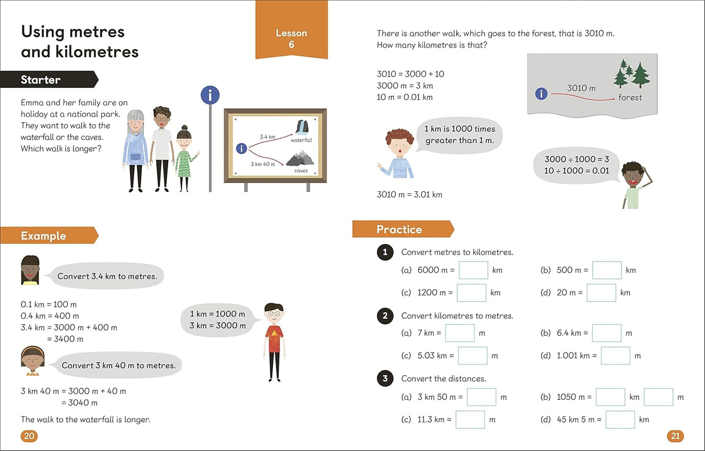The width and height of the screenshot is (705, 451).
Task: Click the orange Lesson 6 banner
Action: click(x=291, y=34)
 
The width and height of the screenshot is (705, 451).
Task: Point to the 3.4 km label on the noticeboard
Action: click(x=267, y=137)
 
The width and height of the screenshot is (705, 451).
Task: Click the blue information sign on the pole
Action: click(x=210, y=96)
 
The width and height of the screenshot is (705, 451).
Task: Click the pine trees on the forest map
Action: click(x=631, y=74)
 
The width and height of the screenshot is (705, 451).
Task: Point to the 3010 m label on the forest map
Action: click(x=581, y=88)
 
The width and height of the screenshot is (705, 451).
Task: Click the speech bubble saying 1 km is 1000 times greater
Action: click(x=459, y=135)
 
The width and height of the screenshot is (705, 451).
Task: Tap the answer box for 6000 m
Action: click(x=473, y=270)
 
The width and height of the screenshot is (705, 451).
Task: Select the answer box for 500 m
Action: click(x=607, y=270)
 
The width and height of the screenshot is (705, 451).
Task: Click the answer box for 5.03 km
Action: click(x=472, y=356)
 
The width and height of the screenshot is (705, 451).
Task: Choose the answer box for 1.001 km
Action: click(x=615, y=356)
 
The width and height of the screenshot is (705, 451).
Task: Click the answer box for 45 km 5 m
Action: click(x=620, y=420)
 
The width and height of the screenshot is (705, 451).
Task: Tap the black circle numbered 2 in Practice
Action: click(x=385, y=316)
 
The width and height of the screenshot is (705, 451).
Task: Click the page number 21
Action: click(x=675, y=436)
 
